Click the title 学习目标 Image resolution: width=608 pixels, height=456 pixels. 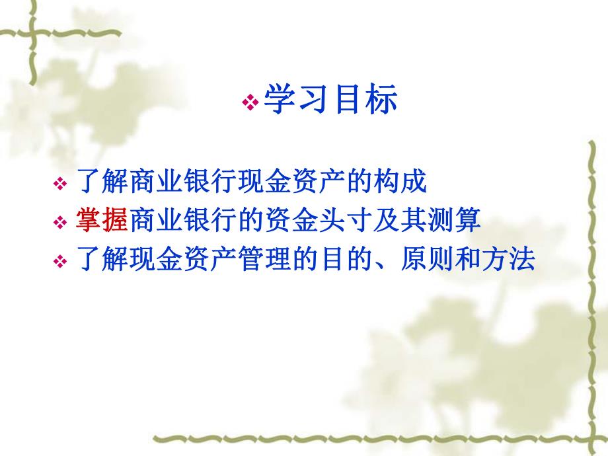click(x=330, y=101)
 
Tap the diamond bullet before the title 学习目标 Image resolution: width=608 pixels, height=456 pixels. click(x=250, y=102)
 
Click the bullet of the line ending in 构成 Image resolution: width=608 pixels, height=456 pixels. click(x=60, y=184)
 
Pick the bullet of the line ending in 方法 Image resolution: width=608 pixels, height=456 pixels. click(x=60, y=262)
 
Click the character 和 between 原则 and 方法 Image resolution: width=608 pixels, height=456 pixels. click(x=467, y=260)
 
